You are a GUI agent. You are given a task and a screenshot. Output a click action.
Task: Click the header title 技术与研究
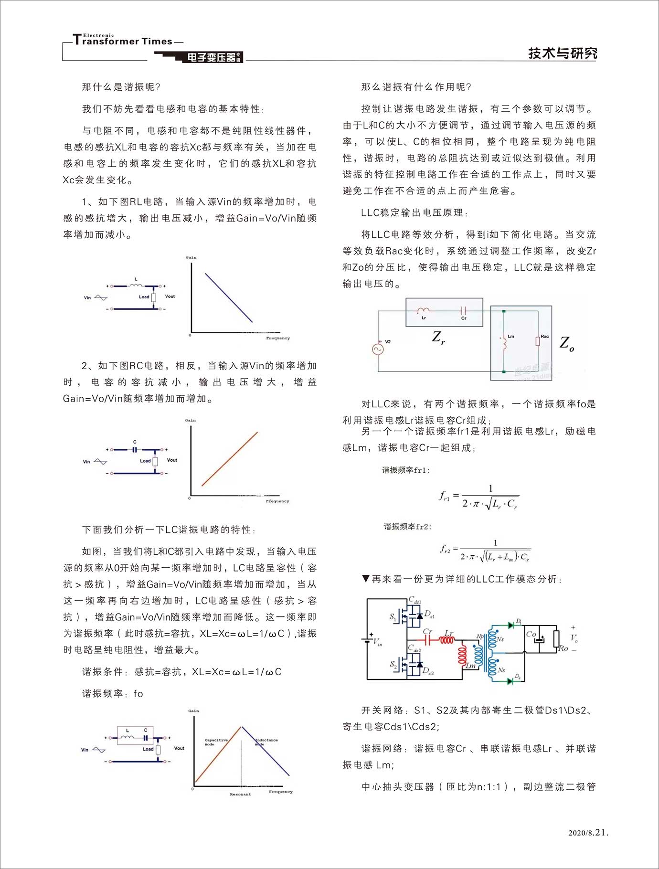(562, 53)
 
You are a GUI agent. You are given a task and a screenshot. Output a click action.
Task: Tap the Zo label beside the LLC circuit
(567, 343)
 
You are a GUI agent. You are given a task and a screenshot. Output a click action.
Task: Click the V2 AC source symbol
(378, 349)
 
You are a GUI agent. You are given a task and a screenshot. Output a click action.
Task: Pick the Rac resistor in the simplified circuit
(538, 341)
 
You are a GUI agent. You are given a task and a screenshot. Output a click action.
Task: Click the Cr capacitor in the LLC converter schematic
(428, 640)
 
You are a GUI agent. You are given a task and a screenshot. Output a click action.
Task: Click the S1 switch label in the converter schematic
(393, 617)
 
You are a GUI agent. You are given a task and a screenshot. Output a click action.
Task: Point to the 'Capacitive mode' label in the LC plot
(216, 742)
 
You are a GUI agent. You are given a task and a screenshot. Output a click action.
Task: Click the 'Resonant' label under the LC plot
(240, 795)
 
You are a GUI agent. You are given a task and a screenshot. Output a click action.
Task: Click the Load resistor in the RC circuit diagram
(155, 462)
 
